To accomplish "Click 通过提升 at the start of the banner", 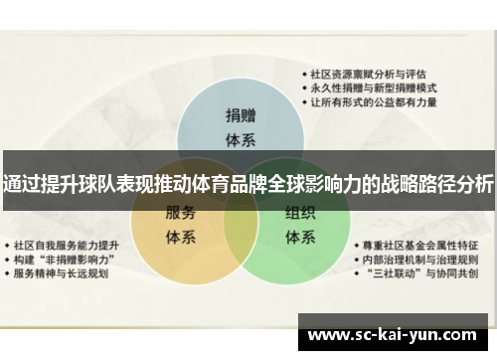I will tap(40, 183).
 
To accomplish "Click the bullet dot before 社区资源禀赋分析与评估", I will tap(305, 74).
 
